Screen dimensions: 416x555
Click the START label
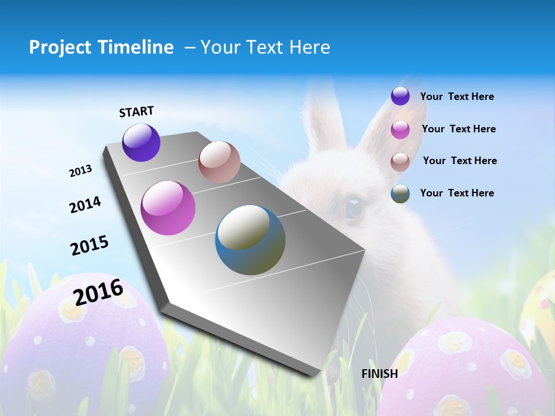coord(136,112)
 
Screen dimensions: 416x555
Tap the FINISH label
coord(379,374)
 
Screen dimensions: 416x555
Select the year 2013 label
coord(80,171)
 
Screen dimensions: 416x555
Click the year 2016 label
coord(98,292)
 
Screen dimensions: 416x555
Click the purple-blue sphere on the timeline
coord(141,142)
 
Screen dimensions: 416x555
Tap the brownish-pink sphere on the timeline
coord(219,162)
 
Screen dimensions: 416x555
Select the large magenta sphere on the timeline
coord(168,208)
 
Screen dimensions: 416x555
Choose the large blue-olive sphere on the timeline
coord(250,240)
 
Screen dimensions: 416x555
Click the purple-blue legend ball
coord(400,96)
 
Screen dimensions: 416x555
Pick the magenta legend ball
coord(400,129)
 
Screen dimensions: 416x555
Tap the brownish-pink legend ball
coord(400,161)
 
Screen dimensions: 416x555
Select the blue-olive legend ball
coord(400,194)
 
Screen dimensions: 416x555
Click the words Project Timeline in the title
coord(101,47)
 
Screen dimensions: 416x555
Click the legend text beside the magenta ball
coord(458,129)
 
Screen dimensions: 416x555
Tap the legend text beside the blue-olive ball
coord(457,193)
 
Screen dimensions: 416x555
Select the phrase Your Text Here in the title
coord(265,47)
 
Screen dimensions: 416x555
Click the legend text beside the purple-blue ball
coord(457,96)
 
